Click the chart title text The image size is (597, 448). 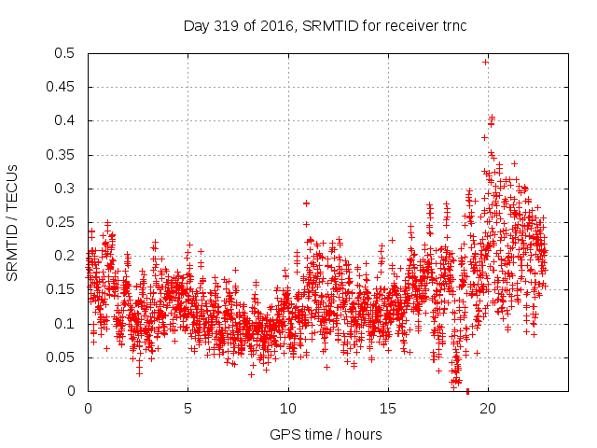click(x=325, y=25)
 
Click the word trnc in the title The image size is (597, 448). click(x=451, y=25)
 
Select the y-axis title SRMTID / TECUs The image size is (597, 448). click(x=12, y=222)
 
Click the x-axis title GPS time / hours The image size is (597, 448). click(x=326, y=434)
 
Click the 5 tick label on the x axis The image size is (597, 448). click(x=187, y=409)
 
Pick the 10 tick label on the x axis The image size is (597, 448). click(x=288, y=409)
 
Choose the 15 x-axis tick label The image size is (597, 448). click(x=388, y=409)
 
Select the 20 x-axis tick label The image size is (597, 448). click(x=488, y=409)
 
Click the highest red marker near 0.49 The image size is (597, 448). click(x=486, y=62)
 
